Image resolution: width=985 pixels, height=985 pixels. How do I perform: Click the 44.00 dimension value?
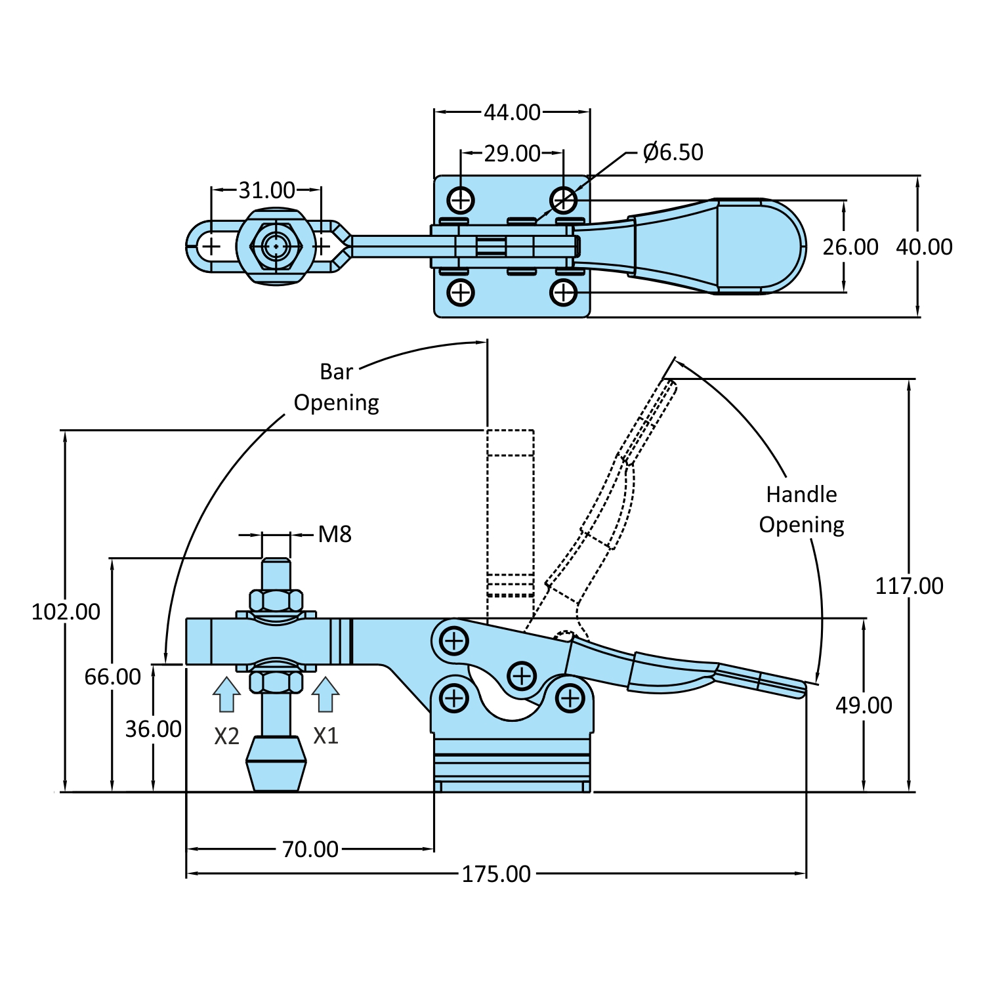point(512,112)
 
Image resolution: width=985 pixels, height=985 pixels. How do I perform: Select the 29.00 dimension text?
point(512,154)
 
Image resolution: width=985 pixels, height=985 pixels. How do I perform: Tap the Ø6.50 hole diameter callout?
point(673,152)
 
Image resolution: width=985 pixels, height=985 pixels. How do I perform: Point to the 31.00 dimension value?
point(266,190)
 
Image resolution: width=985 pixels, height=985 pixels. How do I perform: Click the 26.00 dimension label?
point(850,247)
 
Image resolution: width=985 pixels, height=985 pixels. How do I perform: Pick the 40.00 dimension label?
point(924,247)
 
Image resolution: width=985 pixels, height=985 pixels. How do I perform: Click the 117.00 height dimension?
point(909,585)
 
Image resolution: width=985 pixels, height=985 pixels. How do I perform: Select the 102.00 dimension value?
point(66,612)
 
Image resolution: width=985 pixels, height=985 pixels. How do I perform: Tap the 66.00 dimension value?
point(112,677)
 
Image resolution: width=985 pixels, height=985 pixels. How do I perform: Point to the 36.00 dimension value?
point(153,728)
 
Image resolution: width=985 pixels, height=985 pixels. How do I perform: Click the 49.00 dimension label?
point(864,705)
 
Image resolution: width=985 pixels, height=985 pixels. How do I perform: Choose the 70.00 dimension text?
point(310,849)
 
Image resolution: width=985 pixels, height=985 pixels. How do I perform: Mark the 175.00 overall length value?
point(496,874)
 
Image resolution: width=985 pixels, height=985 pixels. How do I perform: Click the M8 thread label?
point(335,534)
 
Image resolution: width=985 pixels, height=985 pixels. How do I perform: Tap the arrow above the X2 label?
point(226,695)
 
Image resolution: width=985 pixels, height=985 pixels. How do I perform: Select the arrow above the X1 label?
point(325,695)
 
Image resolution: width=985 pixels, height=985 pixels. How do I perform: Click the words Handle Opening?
point(801,509)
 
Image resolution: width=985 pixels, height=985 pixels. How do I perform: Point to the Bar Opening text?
point(336,387)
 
